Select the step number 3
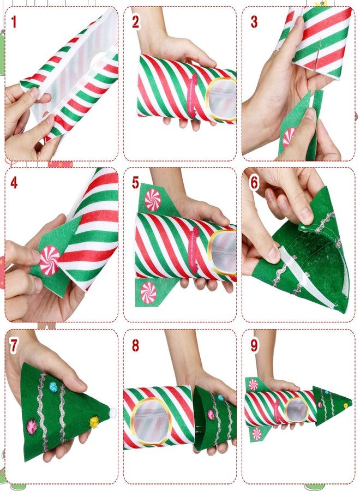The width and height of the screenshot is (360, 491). pyautogui.click(x=254, y=22)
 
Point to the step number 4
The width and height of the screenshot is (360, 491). pyautogui.click(x=14, y=182)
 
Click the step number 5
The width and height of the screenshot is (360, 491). pyautogui.click(x=135, y=182)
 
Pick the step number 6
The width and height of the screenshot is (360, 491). pyautogui.click(x=254, y=182)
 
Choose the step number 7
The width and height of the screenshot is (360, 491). pyautogui.click(x=14, y=345)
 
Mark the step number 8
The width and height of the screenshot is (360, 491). pyautogui.click(x=135, y=345)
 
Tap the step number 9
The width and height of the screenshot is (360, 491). pyautogui.click(x=254, y=345)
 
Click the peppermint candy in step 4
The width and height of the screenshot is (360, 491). pyautogui.click(x=50, y=257)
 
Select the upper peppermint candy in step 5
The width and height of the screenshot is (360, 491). pyautogui.click(x=153, y=200)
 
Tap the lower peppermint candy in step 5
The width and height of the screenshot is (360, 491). pyautogui.click(x=148, y=293)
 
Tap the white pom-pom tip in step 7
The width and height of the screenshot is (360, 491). pyautogui.click(x=113, y=414)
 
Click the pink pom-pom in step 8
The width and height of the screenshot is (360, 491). pyautogui.click(x=211, y=414)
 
